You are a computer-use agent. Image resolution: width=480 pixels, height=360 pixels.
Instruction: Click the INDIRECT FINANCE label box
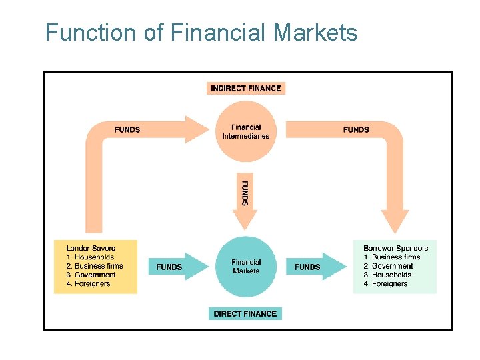tap(246, 88)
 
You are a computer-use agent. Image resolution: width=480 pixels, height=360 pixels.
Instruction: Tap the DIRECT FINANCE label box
tap(245, 313)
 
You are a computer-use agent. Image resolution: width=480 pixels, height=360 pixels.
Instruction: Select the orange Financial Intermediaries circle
tap(246, 131)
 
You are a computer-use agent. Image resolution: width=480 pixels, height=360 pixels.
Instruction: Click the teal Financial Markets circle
tap(246, 267)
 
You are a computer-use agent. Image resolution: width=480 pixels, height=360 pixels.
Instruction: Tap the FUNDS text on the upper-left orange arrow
tap(127, 129)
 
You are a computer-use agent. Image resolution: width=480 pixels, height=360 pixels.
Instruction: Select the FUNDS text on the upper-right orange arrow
tap(356, 129)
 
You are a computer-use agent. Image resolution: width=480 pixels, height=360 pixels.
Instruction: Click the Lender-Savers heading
tap(91, 248)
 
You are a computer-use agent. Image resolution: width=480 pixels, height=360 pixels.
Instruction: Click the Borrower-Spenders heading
tap(395, 248)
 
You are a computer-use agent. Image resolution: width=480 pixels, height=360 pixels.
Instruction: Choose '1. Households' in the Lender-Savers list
tap(90, 257)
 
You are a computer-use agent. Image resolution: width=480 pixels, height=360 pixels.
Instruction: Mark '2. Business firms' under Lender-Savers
tap(95, 266)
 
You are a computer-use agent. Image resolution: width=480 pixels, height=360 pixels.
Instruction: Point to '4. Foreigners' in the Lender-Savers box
tap(88, 284)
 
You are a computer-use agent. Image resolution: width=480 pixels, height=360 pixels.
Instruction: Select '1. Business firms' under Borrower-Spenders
tap(392, 257)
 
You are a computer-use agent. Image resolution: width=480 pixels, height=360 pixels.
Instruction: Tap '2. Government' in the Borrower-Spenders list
tap(388, 266)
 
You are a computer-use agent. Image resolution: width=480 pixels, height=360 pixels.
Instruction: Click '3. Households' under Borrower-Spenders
tap(387, 275)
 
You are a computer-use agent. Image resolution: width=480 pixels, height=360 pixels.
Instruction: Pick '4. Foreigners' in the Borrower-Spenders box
tap(386, 284)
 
